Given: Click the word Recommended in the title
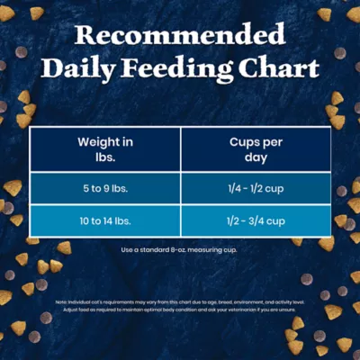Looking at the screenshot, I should pyautogui.click(x=180, y=36).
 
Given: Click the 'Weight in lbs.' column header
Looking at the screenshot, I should pyautogui.click(x=105, y=149).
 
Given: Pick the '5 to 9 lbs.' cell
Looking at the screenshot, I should pyautogui.click(x=105, y=189).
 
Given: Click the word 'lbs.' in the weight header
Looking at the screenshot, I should pyautogui.click(x=105, y=157).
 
